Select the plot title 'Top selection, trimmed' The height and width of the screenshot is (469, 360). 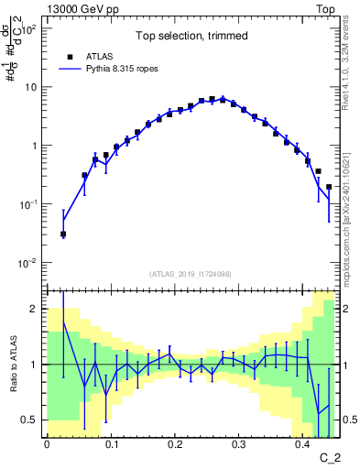(190, 37)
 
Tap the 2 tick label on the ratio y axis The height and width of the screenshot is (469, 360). (33, 309)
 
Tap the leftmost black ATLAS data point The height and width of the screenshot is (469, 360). (63, 234)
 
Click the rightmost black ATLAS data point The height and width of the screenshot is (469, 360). (329, 187)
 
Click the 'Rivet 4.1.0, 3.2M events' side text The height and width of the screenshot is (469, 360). (350, 64)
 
